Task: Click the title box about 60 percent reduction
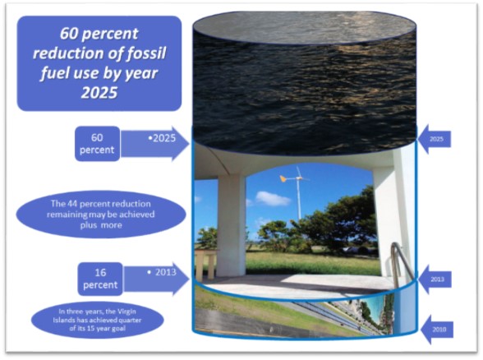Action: (x=99, y=63)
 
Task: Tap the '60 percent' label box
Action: (x=97, y=144)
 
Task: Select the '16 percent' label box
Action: (x=100, y=279)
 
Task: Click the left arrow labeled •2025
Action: (x=155, y=144)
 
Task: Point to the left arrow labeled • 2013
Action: (x=156, y=279)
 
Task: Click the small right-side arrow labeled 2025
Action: (x=435, y=139)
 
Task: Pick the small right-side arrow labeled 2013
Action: (x=435, y=279)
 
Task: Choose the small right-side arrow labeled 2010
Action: (x=437, y=330)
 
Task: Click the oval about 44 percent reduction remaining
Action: (x=101, y=215)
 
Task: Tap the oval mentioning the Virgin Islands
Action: (x=97, y=320)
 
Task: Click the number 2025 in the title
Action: (x=99, y=92)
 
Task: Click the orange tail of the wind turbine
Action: (x=284, y=178)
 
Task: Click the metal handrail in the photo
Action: (x=401, y=262)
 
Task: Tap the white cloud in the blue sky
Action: (x=273, y=198)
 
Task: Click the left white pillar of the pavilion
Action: (x=232, y=225)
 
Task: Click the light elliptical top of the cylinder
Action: (x=304, y=27)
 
